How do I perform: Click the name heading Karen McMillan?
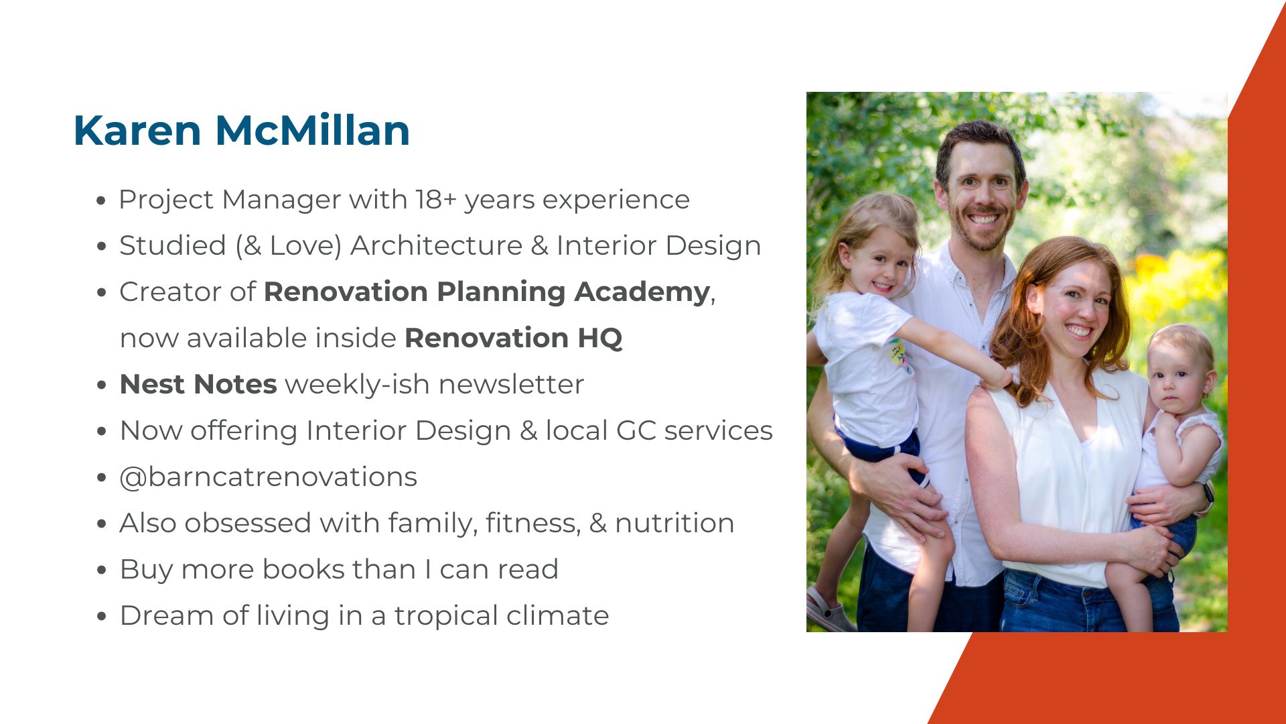(x=241, y=130)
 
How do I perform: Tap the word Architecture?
(x=436, y=245)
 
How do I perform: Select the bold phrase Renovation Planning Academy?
(x=486, y=292)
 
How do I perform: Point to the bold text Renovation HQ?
(x=513, y=338)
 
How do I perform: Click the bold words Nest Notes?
(x=198, y=384)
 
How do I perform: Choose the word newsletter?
(x=511, y=384)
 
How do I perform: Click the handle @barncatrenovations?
(x=268, y=477)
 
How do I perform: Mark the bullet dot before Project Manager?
(x=101, y=200)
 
